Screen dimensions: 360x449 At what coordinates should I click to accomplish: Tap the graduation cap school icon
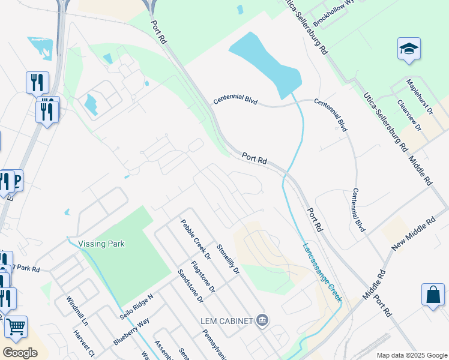[x=409, y=49]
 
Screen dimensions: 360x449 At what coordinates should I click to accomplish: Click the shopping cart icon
[x=16, y=327]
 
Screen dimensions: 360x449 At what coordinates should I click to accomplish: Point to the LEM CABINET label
[x=227, y=320]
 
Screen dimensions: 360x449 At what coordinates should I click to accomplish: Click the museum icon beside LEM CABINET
[x=262, y=320]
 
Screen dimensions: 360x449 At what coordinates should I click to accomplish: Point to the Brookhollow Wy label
[x=334, y=13]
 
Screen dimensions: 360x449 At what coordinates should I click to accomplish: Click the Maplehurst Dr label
[x=419, y=96]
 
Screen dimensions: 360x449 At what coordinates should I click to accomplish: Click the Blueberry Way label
[x=131, y=331]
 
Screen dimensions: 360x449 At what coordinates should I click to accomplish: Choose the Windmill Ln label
[x=77, y=310]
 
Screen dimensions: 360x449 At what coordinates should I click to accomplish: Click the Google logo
[x=20, y=353]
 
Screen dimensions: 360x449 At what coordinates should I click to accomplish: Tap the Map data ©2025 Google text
[x=411, y=355]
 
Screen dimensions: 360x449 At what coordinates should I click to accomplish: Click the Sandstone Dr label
[x=190, y=285]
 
